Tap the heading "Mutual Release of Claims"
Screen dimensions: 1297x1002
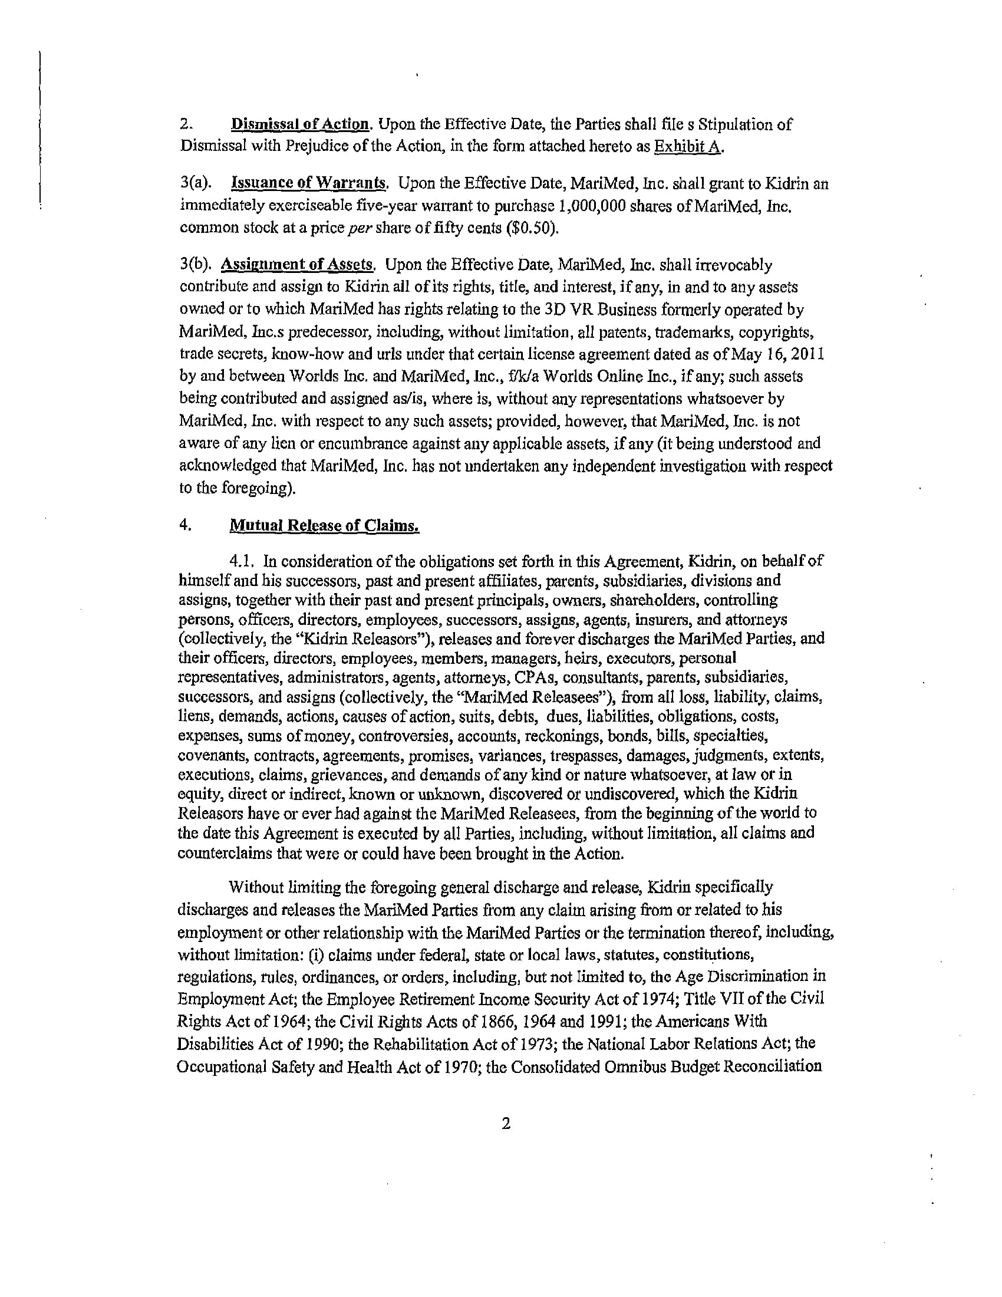tap(325, 525)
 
